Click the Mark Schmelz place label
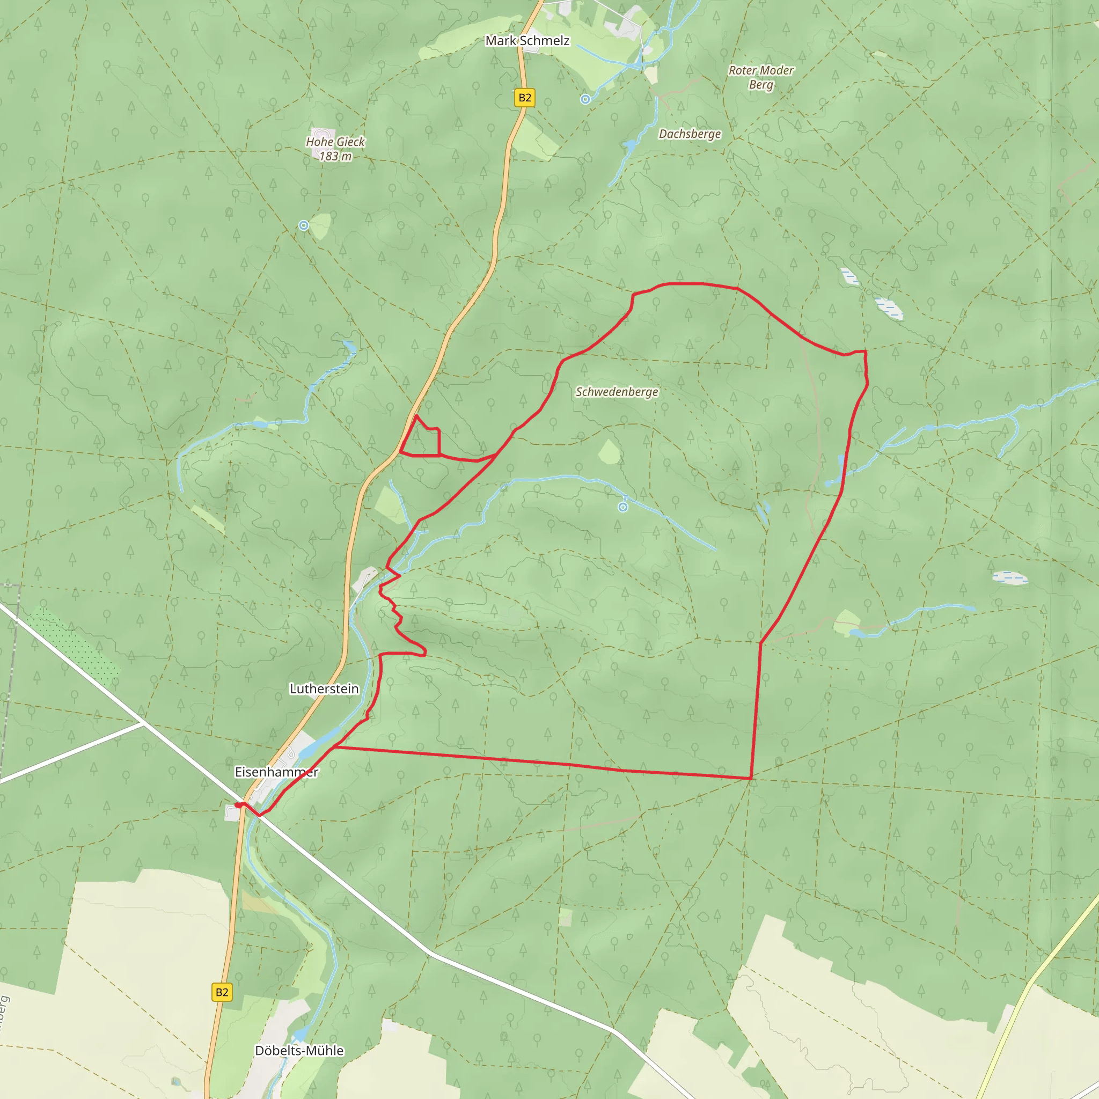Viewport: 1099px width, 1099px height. pos(527,40)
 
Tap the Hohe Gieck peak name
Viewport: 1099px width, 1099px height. pos(335,142)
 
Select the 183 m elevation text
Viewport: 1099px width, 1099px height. pos(335,156)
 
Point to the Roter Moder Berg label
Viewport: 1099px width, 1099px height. pos(760,77)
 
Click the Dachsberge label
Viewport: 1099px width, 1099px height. pos(690,134)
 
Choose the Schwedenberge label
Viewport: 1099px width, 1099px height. pos(617,392)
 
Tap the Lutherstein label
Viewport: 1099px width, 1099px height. pos(324,689)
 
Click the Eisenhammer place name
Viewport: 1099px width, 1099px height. pos(276,772)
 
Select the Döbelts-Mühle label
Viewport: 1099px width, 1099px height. pos(299,1051)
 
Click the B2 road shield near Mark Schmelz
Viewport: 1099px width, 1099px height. pos(524,98)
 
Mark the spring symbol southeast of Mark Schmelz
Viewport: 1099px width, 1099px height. pos(585,100)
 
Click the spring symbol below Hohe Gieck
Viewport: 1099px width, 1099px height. pos(304,226)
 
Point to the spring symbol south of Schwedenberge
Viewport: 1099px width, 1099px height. pos(623,507)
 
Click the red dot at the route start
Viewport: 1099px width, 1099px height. pos(238,805)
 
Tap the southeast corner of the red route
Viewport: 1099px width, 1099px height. pos(751,778)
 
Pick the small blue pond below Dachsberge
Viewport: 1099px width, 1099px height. pos(629,146)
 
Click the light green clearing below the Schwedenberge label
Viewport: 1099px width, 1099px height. pos(609,452)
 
